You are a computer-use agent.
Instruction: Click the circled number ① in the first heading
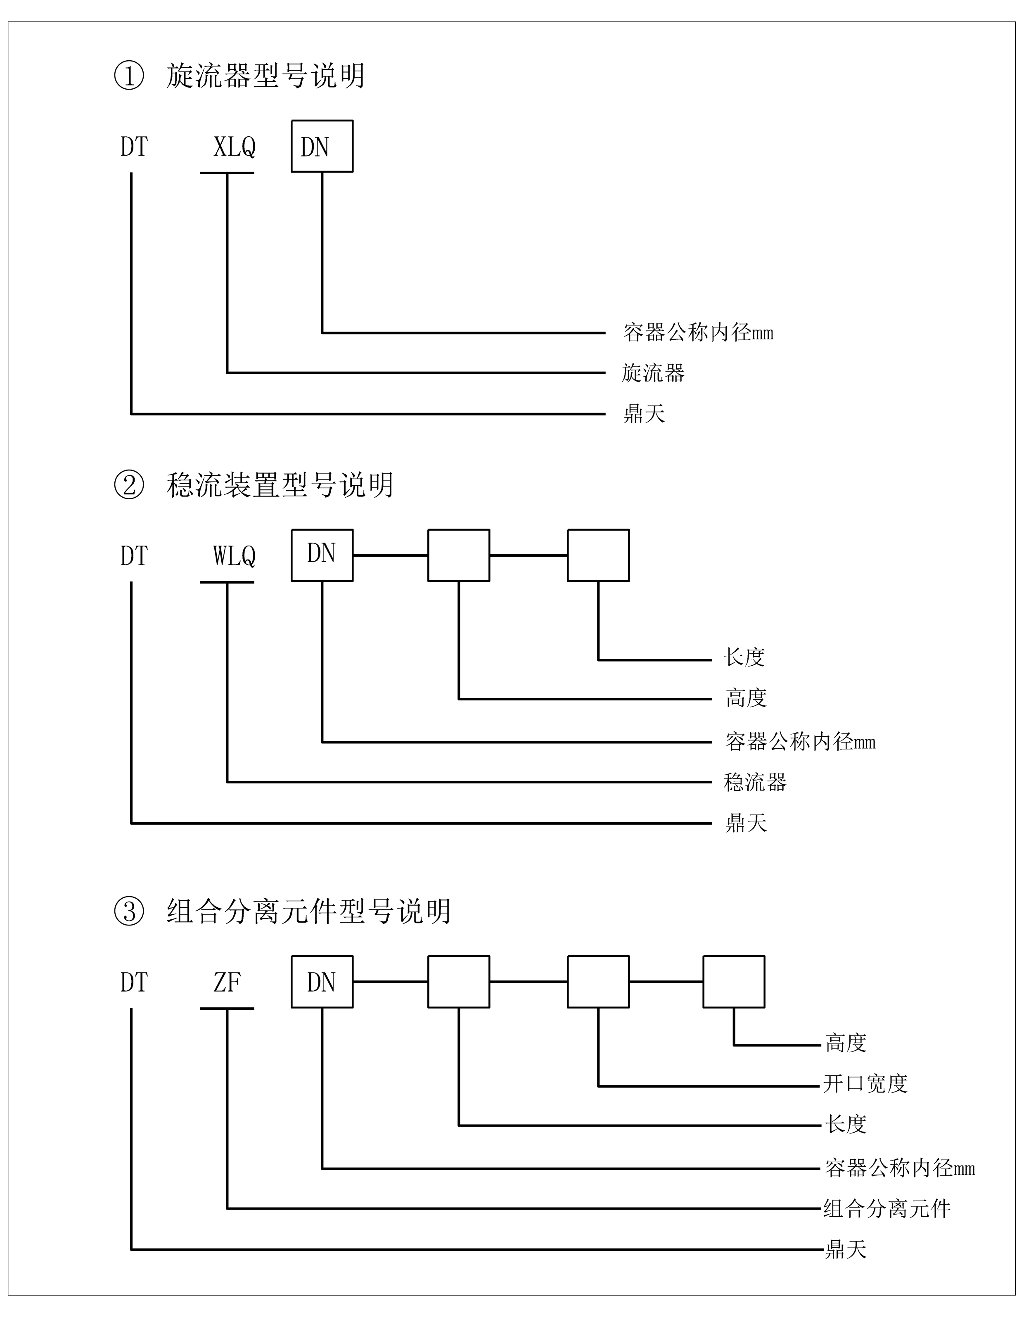(x=129, y=76)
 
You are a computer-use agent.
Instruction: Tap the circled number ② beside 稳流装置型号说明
(x=129, y=485)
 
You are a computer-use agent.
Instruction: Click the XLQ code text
(x=235, y=147)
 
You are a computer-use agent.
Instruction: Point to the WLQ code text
(x=235, y=556)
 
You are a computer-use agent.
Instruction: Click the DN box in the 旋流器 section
(x=322, y=147)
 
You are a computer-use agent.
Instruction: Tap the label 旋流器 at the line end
(x=653, y=373)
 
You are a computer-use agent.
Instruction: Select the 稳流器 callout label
(x=755, y=782)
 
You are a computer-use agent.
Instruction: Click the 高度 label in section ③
(x=846, y=1043)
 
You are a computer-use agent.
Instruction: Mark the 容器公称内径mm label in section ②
(x=800, y=742)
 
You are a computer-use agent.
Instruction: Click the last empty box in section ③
(x=733, y=982)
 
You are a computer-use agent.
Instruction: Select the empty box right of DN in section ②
(x=458, y=555)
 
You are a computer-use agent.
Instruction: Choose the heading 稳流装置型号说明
(x=280, y=485)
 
